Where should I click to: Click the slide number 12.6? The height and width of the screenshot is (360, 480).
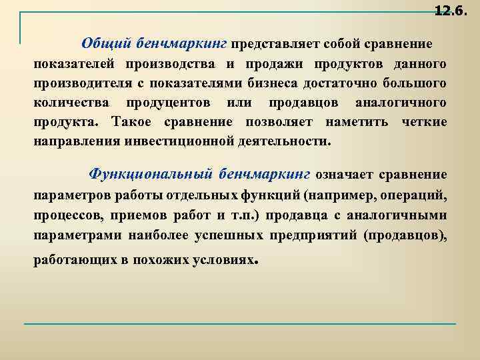(450, 11)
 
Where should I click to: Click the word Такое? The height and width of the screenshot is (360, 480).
(135, 124)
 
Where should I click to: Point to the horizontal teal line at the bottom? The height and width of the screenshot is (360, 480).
(240, 324)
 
